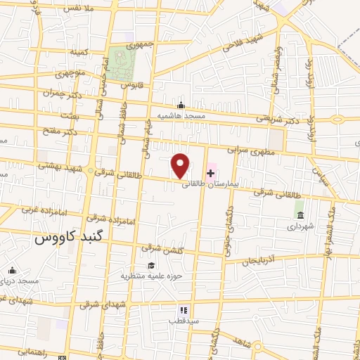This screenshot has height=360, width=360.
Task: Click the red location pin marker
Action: [x=181, y=166]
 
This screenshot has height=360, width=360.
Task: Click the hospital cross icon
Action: [x=211, y=172]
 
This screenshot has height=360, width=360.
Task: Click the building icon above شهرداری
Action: [x=300, y=214]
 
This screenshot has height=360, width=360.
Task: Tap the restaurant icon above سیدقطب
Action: [x=183, y=309]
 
